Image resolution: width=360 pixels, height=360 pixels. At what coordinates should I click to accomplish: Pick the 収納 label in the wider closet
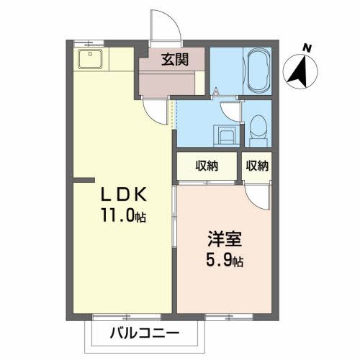pyautogui.click(x=208, y=166)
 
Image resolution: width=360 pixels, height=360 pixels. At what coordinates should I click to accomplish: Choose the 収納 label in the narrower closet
pyautogui.click(x=257, y=166)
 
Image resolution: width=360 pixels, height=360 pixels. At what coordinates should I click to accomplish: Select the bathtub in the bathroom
pyautogui.click(x=257, y=70)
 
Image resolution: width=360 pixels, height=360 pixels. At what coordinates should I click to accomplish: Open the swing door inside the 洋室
pyautogui.click(x=256, y=196)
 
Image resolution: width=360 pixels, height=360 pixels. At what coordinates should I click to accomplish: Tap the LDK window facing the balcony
pyautogui.click(x=118, y=318)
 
